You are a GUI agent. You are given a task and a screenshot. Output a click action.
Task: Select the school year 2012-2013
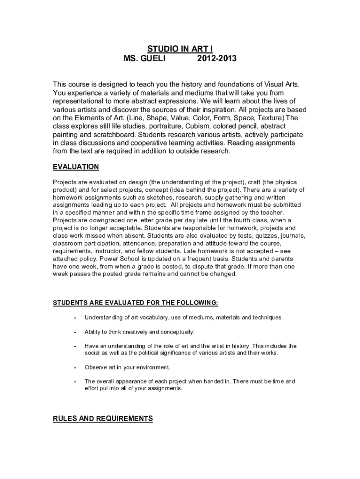pos(217,58)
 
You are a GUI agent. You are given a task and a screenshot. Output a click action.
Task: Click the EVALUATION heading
pos(76,167)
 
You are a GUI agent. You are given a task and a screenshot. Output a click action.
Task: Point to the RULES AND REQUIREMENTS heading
pos(103,418)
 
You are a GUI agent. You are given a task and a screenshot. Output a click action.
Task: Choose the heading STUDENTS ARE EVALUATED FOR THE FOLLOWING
pos(136,303)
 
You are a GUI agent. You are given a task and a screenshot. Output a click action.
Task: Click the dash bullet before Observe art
pos(75,367)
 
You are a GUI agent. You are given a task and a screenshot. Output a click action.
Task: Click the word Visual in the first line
pos(267,84)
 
